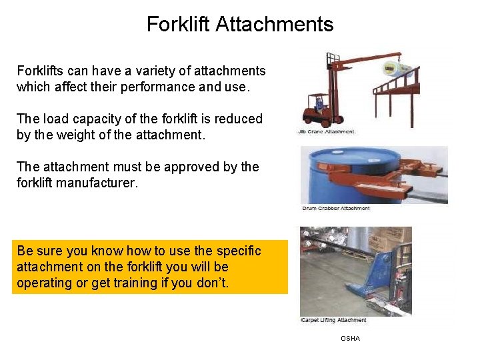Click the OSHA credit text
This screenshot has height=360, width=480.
click(x=350, y=339)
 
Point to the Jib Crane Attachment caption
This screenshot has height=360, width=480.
click(x=326, y=132)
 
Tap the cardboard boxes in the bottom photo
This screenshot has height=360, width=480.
click(x=393, y=240)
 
